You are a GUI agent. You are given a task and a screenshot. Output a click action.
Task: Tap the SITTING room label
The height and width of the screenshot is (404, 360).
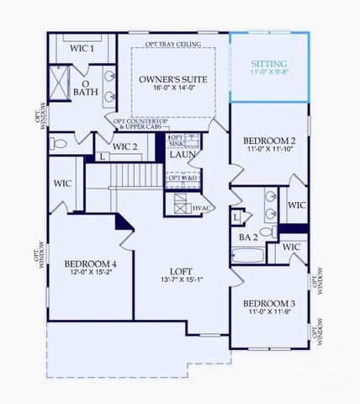[269, 64]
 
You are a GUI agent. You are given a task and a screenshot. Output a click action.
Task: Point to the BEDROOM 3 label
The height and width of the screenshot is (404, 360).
[269, 303]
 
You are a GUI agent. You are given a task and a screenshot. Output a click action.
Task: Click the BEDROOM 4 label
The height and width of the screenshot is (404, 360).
[90, 263]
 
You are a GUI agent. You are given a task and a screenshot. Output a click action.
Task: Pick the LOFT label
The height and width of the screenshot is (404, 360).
[181, 271]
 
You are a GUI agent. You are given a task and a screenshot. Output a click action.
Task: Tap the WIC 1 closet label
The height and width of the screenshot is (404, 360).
[81, 48]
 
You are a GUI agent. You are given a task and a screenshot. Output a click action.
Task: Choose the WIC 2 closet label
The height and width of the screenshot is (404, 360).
[124, 147]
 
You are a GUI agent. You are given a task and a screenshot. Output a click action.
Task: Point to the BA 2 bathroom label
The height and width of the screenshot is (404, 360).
[248, 238]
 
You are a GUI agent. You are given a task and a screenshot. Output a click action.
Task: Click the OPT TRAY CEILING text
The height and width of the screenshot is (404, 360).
[172, 44]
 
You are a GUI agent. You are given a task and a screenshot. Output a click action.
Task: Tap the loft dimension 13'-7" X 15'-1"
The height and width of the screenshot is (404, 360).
[181, 281]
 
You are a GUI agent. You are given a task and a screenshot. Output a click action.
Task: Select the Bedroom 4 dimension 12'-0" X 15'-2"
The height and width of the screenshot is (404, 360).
[90, 274]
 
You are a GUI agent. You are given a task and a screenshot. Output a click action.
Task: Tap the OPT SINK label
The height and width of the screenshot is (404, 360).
[177, 141]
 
